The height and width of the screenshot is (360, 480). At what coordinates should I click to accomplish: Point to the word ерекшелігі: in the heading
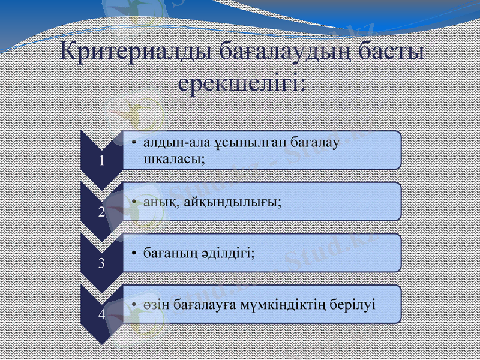pyautogui.click(x=242, y=82)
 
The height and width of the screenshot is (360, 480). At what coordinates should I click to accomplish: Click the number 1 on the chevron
pyautogui.click(x=102, y=160)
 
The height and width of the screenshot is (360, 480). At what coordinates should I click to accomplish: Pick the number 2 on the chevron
pyautogui.click(x=102, y=211)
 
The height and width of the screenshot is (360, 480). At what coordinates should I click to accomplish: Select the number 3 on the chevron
pyautogui.click(x=102, y=263)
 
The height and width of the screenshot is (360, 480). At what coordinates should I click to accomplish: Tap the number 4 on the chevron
pyautogui.click(x=102, y=314)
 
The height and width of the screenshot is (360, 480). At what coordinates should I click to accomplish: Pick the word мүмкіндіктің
pyautogui.click(x=284, y=304)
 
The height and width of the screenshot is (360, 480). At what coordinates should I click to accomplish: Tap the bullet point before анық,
pyautogui.click(x=135, y=202)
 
